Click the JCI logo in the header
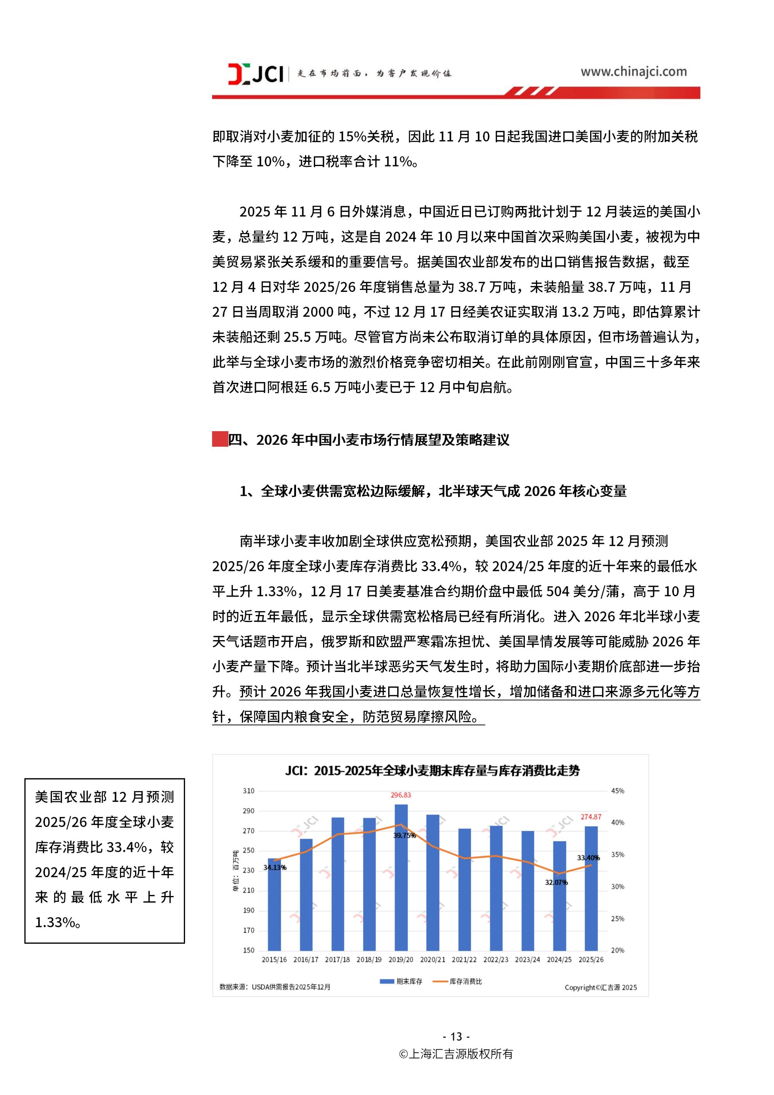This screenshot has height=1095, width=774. click(x=256, y=74)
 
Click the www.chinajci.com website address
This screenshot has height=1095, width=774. click(x=633, y=72)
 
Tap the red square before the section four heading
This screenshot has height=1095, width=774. click(x=219, y=439)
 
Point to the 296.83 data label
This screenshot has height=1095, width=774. click(x=401, y=795)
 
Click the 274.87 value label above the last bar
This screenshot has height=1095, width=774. click(x=591, y=817)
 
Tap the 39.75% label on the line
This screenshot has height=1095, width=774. click(x=404, y=836)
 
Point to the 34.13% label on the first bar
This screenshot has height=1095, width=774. click(x=275, y=867)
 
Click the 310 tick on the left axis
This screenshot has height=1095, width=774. click(x=248, y=791)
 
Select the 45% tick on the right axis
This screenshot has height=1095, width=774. click(x=618, y=791)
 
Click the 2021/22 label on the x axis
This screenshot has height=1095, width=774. click(x=464, y=960)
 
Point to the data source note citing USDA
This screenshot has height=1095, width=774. click(x=275, y=987)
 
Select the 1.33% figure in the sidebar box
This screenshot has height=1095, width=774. click(x=54, y=922)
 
